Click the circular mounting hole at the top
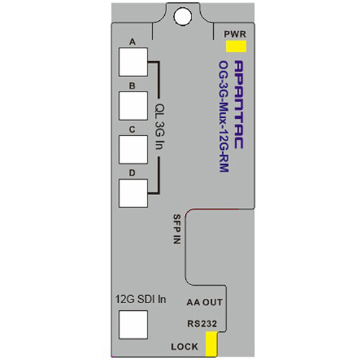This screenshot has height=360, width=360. click(x=183, y=17)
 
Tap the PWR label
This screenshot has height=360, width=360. click(x=235, y=34)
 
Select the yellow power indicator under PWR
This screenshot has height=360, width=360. click(x=236, y=46)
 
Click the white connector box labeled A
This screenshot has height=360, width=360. click(x=133, y=62)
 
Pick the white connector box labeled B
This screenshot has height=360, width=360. click(x=133, y=106)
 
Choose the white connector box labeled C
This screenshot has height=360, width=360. click(x=133, y=150)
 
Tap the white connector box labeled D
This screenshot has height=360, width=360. click(x=133, y=193)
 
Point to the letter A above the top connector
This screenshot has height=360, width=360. click(x=132, y=42)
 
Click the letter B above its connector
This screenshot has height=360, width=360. click(x=132, y=86)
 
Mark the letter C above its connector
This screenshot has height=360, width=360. click(x=132, y=130)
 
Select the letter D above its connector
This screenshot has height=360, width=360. click(x=132, y=173)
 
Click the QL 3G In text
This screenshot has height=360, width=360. click(x=160, y=127)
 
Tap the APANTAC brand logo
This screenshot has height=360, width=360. click(x=238, y=104)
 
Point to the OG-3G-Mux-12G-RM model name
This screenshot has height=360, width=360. click(x=224, y=117)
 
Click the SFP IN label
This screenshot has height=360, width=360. click(x=177, y=229)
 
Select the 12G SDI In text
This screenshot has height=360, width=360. click(x=140, y=300)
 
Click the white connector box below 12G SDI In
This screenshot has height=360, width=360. click(x=133, y=325)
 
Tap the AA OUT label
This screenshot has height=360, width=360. click(x=204, y=302)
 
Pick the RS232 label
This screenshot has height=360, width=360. click(x=202, y=323)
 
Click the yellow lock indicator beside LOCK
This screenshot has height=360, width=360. click(x=212, y=343)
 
